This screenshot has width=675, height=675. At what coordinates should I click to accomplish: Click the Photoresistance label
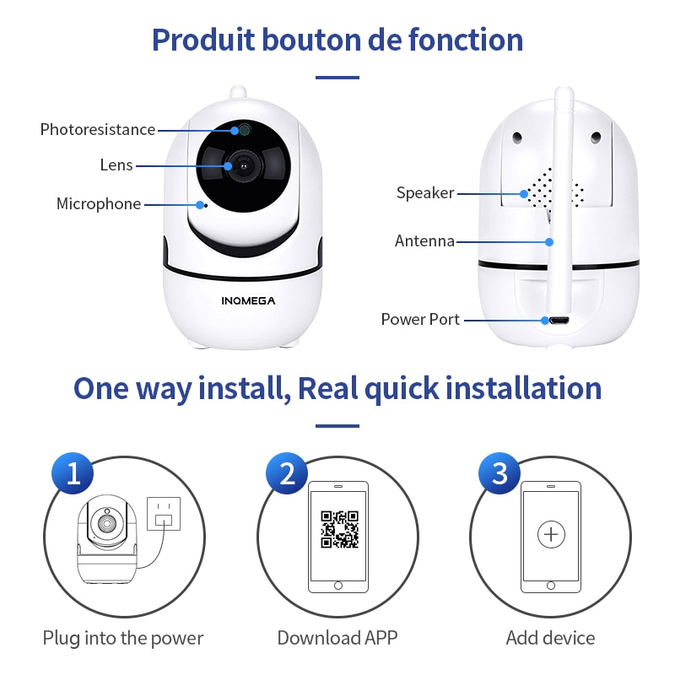[x=98, y=130]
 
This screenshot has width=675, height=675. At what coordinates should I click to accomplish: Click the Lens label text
[x=116, y=165]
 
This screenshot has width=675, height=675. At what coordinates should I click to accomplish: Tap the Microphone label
[x=99, y=204]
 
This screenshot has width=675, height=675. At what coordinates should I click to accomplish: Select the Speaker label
[x=425, y=193]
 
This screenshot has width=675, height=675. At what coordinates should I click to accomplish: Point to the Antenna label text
[x=424, y=241]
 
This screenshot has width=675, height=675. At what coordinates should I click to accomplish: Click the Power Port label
[x=420, y=320]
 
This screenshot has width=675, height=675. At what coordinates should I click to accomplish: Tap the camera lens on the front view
[x=243, y=166]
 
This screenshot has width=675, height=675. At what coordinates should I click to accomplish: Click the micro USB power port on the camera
[x=557, y=321]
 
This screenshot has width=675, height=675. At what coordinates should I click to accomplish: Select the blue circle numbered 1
[x=73, y=473]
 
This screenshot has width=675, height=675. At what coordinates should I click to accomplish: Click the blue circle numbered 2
[x=287, y=473]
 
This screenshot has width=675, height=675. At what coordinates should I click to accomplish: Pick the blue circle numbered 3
[x=499, y=473]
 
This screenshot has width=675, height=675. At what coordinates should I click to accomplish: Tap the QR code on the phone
[x=339, y=529]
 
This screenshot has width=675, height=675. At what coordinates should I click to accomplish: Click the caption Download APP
[x=337, y=638]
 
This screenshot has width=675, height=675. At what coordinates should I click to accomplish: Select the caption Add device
[x=550, y=638]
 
